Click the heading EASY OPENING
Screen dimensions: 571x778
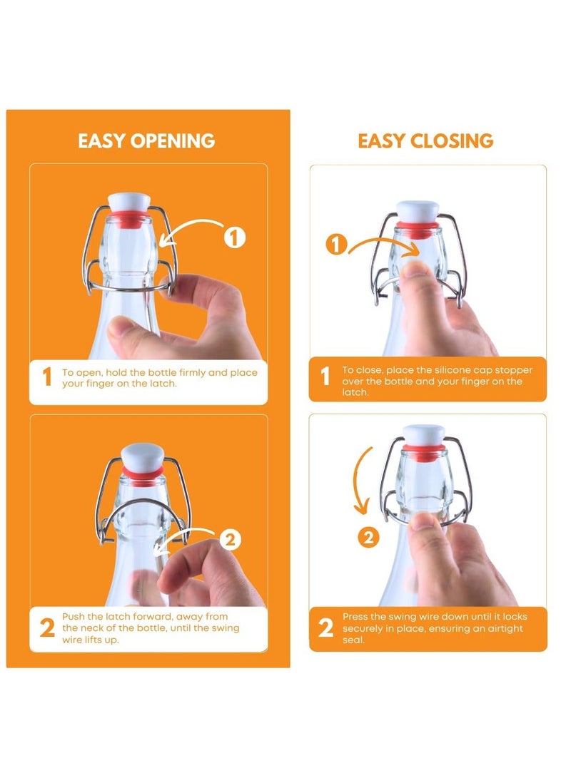coord(146,141)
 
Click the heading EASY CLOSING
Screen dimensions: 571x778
coord(425,141)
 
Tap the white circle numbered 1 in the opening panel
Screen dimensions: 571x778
coord(235,237)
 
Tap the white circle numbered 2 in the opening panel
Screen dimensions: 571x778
coord(230,539)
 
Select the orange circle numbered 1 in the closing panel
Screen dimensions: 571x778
coord(336,245)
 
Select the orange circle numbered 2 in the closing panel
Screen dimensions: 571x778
coord(368,538)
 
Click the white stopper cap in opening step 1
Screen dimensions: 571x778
coord(129,203)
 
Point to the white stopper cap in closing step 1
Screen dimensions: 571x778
coord(418,212)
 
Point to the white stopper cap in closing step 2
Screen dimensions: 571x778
coord(423,435)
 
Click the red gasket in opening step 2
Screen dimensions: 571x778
coord(143,471)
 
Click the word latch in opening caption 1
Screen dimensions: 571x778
coord(163,384)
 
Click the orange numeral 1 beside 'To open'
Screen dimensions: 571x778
coord(47,377)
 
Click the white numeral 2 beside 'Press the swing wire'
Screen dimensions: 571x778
coord(325,628)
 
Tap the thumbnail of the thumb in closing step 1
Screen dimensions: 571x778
coord(416,270)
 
